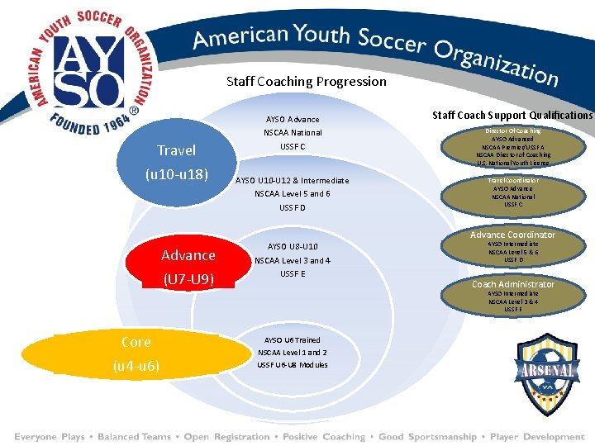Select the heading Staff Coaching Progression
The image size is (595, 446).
pyautogui.click(x=306, y=81)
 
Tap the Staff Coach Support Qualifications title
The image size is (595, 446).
pyautogui.click(x=512, y=115)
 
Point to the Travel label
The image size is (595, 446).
pyautogui.click(x=177, y=150)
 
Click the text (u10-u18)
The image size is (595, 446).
pyautogui.click(x=177, y=174)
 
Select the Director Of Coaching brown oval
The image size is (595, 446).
pyautogui.click(x=512, y=146)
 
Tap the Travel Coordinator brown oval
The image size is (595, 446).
pyautogui.click(x=512, y=192)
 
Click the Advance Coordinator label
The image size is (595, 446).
pyautogui.click(x=512, y=235)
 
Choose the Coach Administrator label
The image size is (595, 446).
pyautogui.click(x=512, y=284)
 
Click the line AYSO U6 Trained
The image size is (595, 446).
pyautogui.click(x=292, y=339)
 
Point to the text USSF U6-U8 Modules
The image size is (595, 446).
pyautogui.click(x=292, y=364)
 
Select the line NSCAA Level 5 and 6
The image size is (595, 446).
pyautogui.click(x=292, y=193)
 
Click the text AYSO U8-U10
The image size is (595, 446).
pyautogui.click(x=292, y=246)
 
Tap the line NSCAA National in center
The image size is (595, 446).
pyautogui.click(x=292, y=132)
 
